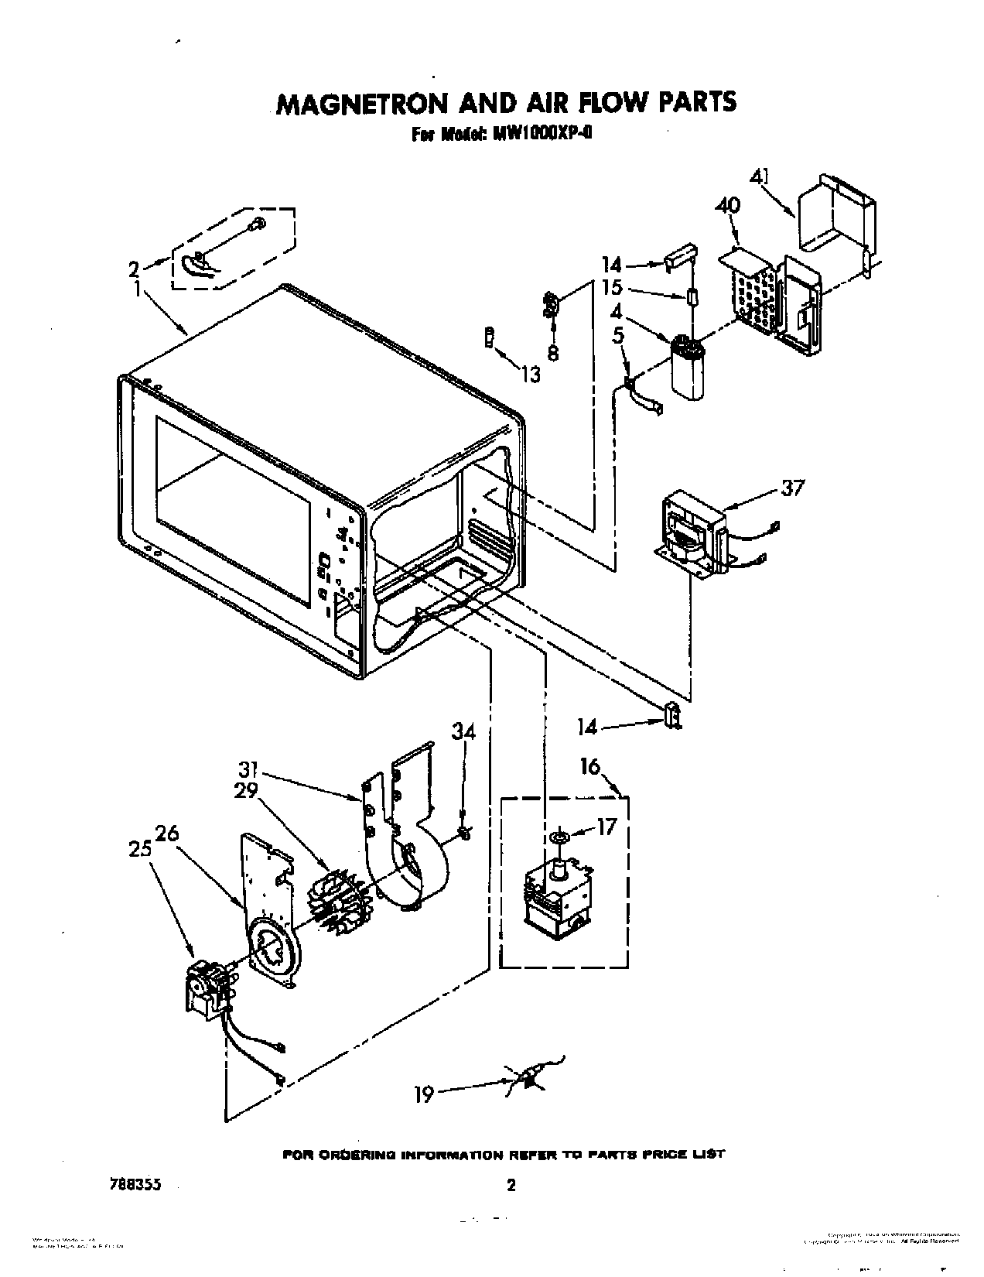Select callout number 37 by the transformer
click(x=792, y=488)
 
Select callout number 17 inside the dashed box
click(x=606, y=827)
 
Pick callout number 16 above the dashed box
click(x=589, y=767)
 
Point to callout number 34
click(x=464, y=731)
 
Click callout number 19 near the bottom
click(x=424, y=1095)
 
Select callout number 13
click(x=530, y=375)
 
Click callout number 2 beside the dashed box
click(x=134, y=269)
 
